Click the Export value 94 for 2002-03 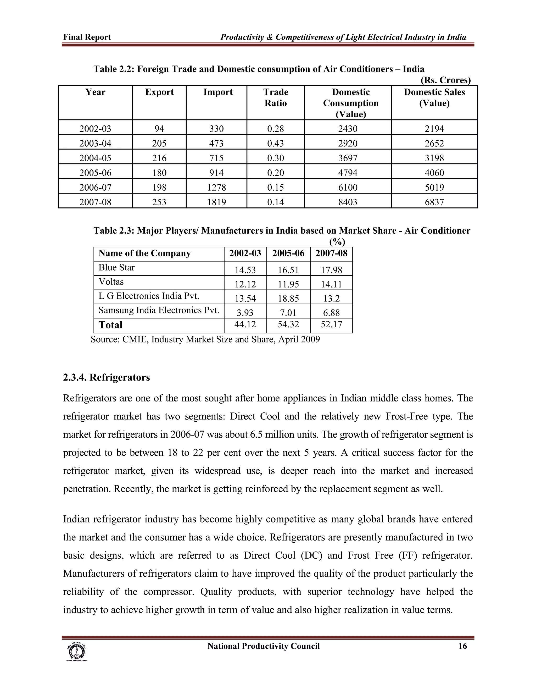(x=159, y=129)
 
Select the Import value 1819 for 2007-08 (x=216, y=202)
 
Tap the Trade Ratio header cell (x=276, y=98)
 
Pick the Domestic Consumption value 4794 (x=348, y=173)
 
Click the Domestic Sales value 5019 (x=434, y=188)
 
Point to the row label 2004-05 (x=95, y=158)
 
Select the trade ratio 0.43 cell (x=276, y=143)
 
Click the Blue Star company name (x=116, y=268)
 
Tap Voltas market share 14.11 (x=331, y=284)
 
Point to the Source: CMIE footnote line (x=205, y=339)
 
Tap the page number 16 (x=462, y=646)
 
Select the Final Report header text (x=87, y=37)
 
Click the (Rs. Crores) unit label (x=445, y=80)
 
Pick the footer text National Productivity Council (x=263, y=646)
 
